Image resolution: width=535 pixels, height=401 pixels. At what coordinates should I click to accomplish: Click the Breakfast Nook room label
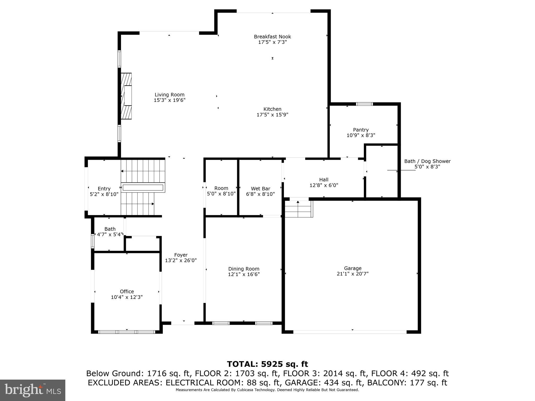272,37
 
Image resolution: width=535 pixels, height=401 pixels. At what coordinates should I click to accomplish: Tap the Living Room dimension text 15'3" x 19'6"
170,100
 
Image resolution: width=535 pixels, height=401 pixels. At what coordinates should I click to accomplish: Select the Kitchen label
272,109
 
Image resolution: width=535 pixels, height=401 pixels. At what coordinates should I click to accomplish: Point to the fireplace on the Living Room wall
126,96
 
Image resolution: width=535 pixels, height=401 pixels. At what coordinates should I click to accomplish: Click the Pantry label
361,130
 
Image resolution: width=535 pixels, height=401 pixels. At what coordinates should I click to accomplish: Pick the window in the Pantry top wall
364,104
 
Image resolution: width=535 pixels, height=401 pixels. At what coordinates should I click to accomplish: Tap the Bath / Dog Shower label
427,161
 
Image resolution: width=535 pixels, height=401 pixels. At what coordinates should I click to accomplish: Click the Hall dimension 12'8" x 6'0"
324,185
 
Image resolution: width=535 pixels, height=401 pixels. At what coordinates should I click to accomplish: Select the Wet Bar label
260,188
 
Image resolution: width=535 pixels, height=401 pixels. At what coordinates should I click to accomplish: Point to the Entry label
104,188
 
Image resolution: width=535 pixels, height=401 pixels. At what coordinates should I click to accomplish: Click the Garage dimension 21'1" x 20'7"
353,274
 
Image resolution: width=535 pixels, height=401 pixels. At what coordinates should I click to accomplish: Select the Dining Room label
244,269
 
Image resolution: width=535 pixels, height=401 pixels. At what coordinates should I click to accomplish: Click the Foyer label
181,255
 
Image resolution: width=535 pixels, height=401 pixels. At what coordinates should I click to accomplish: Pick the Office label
127,292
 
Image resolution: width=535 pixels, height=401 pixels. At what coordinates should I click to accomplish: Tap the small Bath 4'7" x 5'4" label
110,229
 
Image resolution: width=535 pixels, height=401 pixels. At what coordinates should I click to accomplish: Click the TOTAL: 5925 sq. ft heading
267,364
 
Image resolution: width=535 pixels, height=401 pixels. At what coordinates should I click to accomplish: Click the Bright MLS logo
33,390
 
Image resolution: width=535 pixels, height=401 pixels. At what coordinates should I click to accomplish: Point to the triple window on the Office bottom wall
127,332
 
